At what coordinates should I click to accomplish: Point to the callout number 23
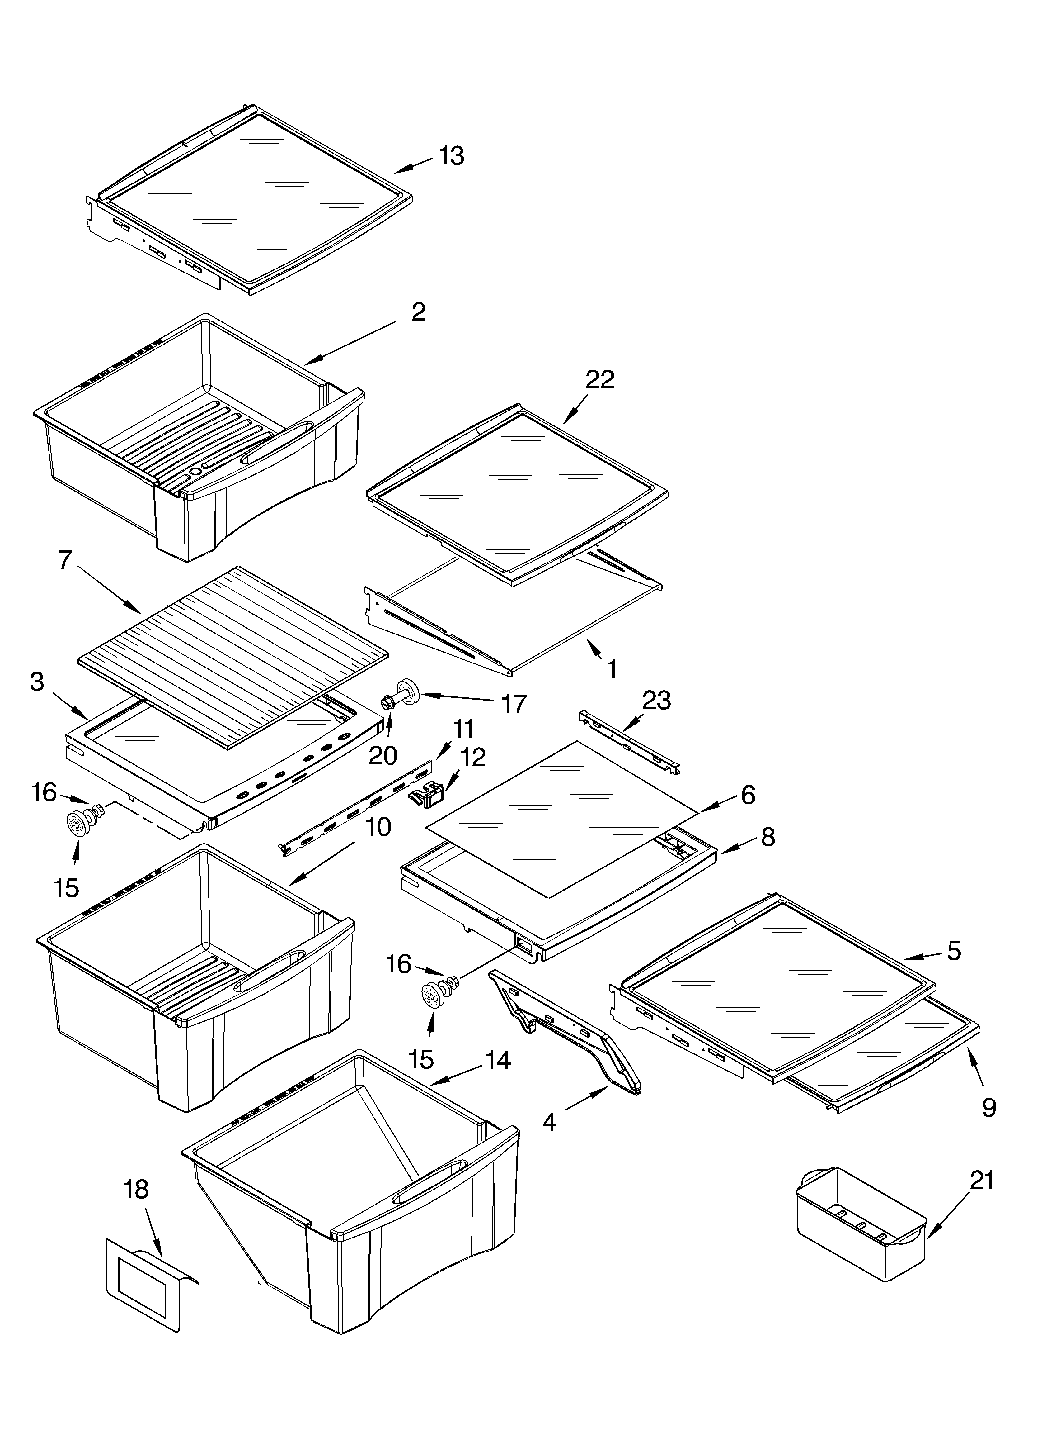[x=656, y=701]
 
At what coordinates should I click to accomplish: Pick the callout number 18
[x=136, y=1189]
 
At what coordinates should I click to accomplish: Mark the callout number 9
[x=989, y=1108]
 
